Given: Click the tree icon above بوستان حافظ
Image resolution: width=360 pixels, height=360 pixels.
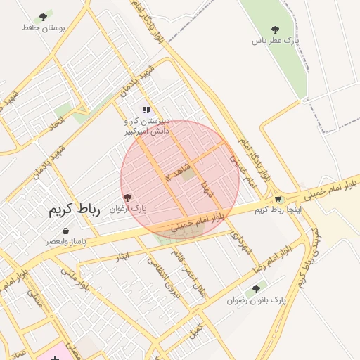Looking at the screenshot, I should (x=43, y=16).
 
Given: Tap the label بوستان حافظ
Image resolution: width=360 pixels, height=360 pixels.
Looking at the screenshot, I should (x=44, y=27).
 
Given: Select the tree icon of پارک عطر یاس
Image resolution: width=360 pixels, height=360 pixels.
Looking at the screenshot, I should (x=275, y=30).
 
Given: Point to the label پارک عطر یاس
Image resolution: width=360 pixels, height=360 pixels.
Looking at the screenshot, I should (x=276, y=41).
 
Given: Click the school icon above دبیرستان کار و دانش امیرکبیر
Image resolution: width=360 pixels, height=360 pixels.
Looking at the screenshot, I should (x=146, y=110).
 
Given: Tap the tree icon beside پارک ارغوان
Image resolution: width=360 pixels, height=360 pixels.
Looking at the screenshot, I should (x=127, y=198).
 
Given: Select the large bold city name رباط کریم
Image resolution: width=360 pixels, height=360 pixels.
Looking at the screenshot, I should (x=75, y=210).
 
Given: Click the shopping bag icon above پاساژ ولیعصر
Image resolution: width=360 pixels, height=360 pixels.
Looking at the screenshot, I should (x=65, y=231).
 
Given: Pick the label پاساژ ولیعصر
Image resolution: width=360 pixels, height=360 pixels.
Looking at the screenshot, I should (x=66, y=241).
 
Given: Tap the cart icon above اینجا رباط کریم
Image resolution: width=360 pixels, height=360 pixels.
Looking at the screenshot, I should (x=278, y=199).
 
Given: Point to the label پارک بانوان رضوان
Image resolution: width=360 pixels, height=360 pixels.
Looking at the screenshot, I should (x=257, y=300).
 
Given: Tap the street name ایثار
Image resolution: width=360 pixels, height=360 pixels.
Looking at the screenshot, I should (x=124, y=257).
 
